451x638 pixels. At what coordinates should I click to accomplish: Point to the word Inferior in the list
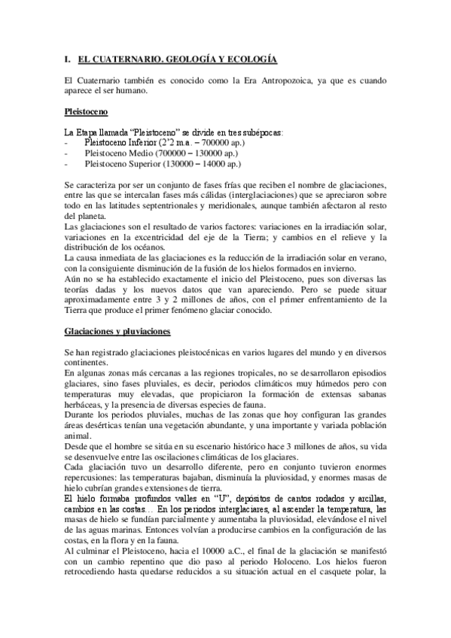139,141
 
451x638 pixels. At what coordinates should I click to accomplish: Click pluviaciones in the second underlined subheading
145,332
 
